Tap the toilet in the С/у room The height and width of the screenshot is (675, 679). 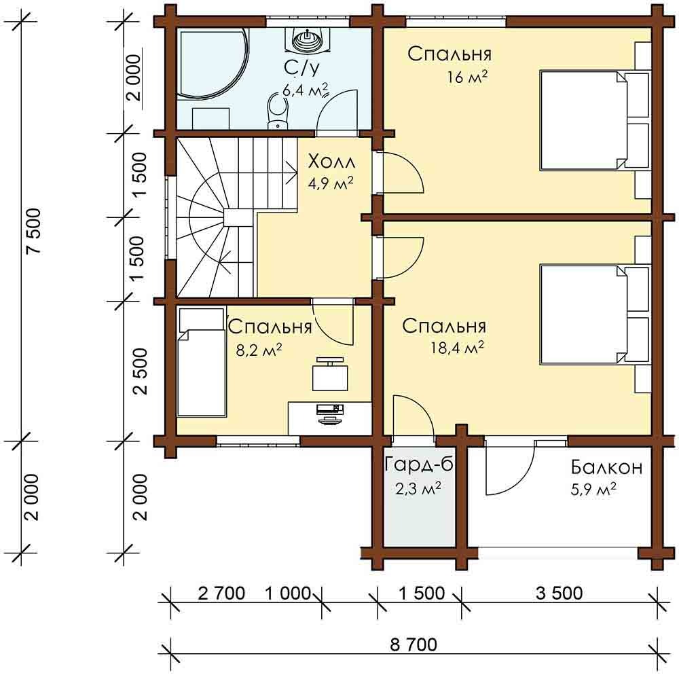(278, 111)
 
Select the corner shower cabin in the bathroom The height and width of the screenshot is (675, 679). (212, 62)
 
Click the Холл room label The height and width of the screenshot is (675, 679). (331, 162)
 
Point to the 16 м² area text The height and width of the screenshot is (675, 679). (468, 77)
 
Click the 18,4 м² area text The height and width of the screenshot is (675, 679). (457, 347)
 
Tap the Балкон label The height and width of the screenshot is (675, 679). (606, 468)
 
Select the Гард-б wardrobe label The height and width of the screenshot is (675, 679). (418, 465)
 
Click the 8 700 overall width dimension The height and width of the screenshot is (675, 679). (414, 644)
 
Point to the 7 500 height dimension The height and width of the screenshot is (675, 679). (33, 231)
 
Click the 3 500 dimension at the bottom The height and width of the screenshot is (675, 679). (559, 593)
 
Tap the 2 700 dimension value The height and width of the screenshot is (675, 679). (221, 593)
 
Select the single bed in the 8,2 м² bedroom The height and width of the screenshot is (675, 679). (202, 362)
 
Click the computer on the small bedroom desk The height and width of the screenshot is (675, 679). (330, 413)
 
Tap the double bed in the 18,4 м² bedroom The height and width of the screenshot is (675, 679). (595, 314)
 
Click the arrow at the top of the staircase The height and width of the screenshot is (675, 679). (291, 170)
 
